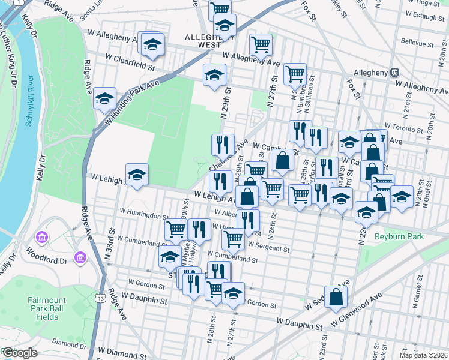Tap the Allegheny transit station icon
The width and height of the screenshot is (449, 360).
pos(395,72)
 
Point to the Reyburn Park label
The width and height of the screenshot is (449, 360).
pos(399,236)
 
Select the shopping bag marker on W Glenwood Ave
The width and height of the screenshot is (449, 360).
pos(337,296)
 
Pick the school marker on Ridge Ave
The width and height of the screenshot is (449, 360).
pos(105,98)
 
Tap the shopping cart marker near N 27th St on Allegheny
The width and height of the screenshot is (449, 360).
pos(261,44)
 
